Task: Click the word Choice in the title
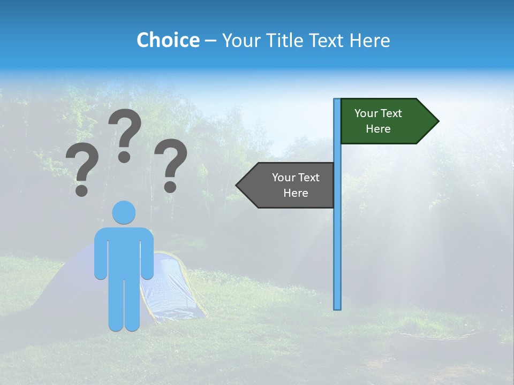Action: [x=168, y=40]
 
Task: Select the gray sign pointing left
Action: [x=289, y=185]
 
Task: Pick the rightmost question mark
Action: [x=171, y=160]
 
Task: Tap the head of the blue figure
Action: [x=124, y=212]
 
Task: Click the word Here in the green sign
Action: [x=378, y=129]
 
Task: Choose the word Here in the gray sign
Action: [x=296, y=193]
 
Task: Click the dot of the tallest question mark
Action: [x=124, y=157]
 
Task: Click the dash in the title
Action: [x=210, y=41]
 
